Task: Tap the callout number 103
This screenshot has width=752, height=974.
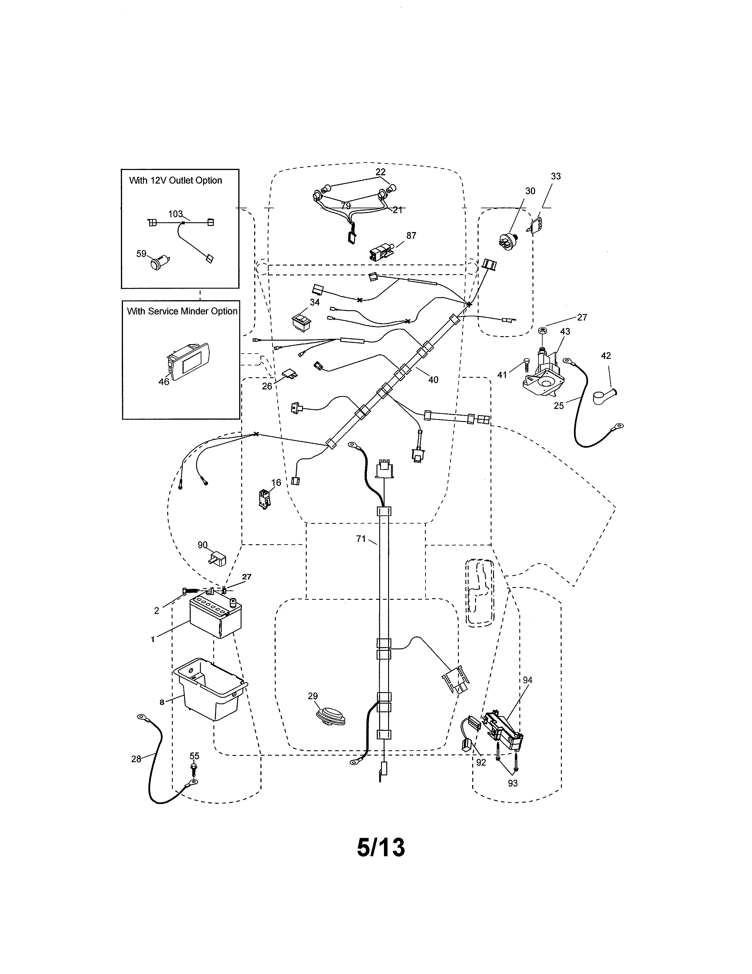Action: point(175,214)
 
